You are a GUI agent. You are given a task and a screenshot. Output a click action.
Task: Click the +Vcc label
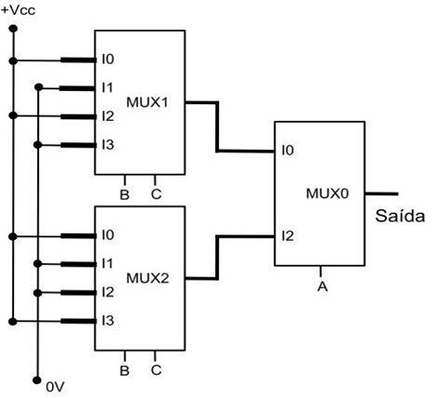pyautogui.click(x=19, y=10)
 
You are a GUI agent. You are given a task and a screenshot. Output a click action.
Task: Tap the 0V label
pyautogui.click(x=56, y=387)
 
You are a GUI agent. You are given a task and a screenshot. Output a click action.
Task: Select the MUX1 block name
pyautogui.click(x=148, y=102)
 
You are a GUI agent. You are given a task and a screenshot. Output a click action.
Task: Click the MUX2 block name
pyautogui.click(x=148, y=278)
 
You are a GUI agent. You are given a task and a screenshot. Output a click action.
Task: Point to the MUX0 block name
pyautogui.click(x=328, y=193)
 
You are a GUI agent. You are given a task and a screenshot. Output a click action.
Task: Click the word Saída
pyautogui.click(x=400, y=216)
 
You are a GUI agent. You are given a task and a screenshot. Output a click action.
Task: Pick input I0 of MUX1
pyautogui.click(x=108, y=59)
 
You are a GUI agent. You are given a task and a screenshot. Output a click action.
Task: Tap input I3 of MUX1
pyautogui.click(x=108, y=144)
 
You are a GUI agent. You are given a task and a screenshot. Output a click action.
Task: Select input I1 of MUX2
pyautogui.click(x=108, y=263)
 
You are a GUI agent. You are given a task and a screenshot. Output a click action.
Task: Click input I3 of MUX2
pyautogui.click(x=108, y=321)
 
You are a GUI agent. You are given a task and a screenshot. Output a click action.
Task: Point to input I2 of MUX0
pyautogui.click(x=288, y=236)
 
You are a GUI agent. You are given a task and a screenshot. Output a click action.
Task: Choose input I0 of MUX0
pyautogui.click(x=288, y=151)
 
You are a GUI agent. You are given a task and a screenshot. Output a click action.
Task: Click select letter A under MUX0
pyautogui.click(x=322, y=286)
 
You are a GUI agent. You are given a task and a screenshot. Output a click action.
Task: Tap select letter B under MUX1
pyautogui.click(x=124, y=195)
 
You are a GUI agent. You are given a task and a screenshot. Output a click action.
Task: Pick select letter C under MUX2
pyautogui.click(x=156, y=370)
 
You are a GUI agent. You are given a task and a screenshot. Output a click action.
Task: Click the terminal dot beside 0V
pyautogui.click(x=37, y=380)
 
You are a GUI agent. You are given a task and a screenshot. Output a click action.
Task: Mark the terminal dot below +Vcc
pyautogui.click(x=13, y=29)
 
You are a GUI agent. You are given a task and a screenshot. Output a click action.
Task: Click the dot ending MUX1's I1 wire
pyautogui.click(x=38, y=87)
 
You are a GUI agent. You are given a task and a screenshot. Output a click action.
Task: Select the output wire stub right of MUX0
pyautogui.click(x=381, y=193)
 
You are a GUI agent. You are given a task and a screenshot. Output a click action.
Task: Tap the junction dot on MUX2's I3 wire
pyautogui.click(x=13, y=322)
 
